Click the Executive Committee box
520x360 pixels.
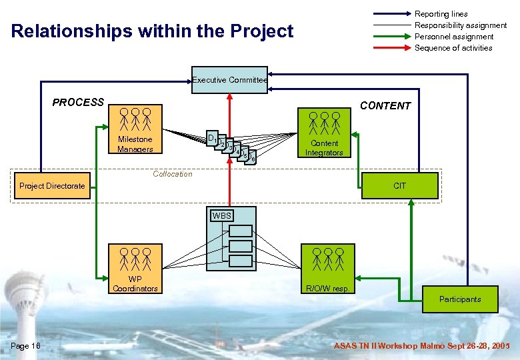tap(229, 80)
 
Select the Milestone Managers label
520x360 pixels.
tap(135, 144)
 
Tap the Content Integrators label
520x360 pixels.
tap(324, 148)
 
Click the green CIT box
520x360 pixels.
tap(399, 186)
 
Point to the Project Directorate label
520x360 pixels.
tap(53, 186)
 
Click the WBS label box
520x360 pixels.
tap(221, 216)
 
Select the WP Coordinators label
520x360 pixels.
tap(135, 284)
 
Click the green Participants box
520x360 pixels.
tap(459, 299)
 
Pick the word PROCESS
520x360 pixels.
tap(78, 103)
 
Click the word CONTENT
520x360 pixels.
tap(385, 106)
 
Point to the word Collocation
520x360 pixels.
tap(172, 174)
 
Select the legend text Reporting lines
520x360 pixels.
tap(441, 14)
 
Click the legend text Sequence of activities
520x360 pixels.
tap(453, 48)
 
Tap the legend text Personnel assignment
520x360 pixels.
tap(454, 37)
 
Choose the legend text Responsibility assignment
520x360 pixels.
tap(461, 25)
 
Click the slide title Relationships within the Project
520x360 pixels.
tap(153, 31)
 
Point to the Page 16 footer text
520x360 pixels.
tap(26, 345)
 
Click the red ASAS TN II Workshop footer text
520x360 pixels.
tap(421, 346)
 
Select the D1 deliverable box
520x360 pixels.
tap(211, 138)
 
